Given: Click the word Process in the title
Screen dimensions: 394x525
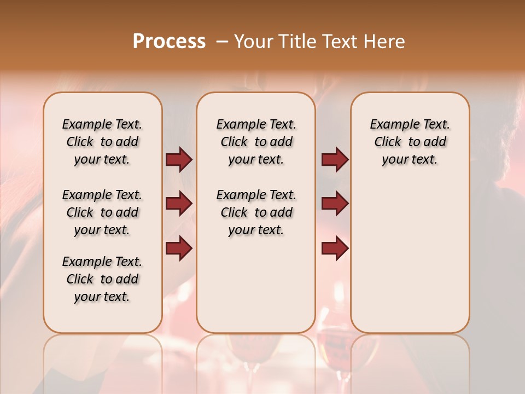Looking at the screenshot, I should point(169,41).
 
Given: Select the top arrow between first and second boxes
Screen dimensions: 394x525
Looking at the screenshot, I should point(179,160).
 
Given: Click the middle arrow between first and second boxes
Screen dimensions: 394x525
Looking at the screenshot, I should point(179,204).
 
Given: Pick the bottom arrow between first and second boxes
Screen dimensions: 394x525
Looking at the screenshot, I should point(179,248).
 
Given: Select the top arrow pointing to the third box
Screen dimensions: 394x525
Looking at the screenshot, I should point(335,160).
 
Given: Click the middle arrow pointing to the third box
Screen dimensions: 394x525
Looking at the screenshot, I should point(335,204).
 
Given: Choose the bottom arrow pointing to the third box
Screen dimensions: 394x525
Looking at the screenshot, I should point(335,248).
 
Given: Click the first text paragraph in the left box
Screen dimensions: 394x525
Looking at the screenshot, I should point(102,142).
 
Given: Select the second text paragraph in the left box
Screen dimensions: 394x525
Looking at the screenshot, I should point(102,212).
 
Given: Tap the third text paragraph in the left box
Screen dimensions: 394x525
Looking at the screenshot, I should point(102,279).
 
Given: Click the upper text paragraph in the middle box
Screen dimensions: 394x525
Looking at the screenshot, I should point(256,142).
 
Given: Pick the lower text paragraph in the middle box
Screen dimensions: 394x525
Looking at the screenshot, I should point(256,212).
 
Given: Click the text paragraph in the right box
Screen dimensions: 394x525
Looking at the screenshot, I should point(410,142).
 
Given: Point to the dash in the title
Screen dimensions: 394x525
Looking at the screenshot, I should point(222,41).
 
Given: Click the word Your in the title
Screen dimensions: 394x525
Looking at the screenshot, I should point(253,41).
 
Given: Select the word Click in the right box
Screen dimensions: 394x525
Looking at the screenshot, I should point(388,142).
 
